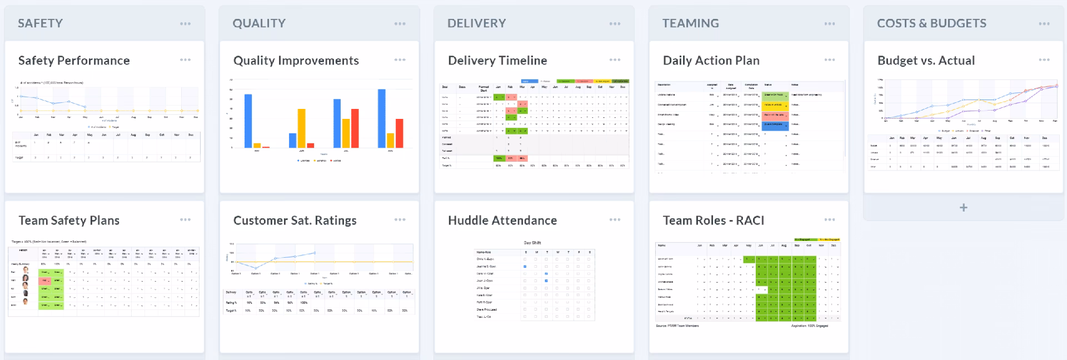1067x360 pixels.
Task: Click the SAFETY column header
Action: pyautogui.click(x=40, y=23)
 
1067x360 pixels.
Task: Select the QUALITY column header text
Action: pyautogui.click(x=259, y=23)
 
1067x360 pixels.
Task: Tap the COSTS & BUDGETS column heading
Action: pyautogui.click(x=931, y=23)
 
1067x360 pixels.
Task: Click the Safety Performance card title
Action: pyautogui.click(x=74, y=61)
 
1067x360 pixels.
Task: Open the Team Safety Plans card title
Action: pyautogui.click(x=69, y=221)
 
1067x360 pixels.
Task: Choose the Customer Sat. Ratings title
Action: pyautogui.click(x=295, y=221)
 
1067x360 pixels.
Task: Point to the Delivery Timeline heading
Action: pyautogui.click(x=497, y=61)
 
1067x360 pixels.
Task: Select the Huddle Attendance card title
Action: pyautogui.click(x=502, y=221)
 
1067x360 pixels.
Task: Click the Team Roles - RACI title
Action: pyautogui.click(x=714, y=221)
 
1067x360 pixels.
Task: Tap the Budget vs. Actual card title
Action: pyautogui.click(x=926, y=61)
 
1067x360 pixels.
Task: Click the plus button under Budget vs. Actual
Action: pyautogui.click(x=964, y=207)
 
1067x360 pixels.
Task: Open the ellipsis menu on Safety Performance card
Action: pyautogui.click(x=185, y=59)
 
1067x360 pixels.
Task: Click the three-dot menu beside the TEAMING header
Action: pyautogui.click(x=830, y=23)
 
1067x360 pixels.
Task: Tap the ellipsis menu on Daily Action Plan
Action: pyautogui.click(x=830, y=59)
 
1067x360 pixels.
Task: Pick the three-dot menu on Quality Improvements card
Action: pyautogui.click(x=400, y=59)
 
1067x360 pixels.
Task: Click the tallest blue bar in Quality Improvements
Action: pyautogui.click(x=382, y=118)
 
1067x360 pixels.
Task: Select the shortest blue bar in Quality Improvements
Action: pyautogui.click(x=292, y=141)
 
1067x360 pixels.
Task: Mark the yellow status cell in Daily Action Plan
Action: pyautogui.click(x=775, y=104)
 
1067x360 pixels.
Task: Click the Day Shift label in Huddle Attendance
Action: pyautogui.click(x=532, y=243)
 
